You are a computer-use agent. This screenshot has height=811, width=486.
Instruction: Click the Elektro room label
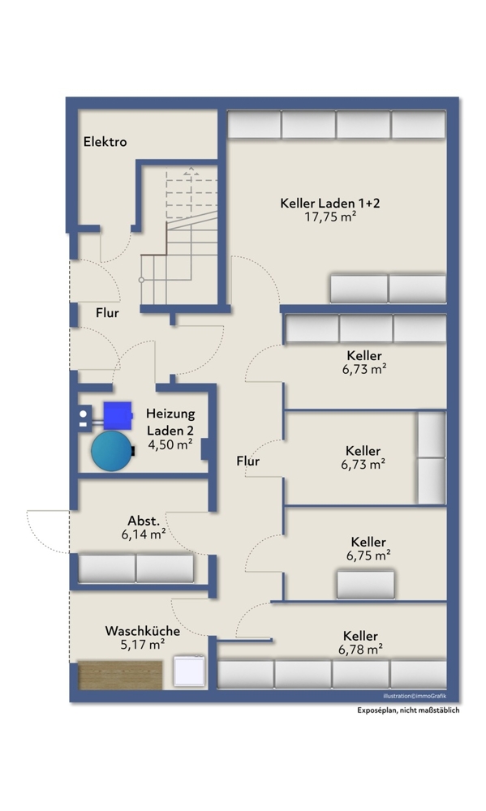click(105, 142)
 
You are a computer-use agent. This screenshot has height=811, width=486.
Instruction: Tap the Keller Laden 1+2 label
click(330, 204)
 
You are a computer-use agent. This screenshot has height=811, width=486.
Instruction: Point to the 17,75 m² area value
click(330, 217)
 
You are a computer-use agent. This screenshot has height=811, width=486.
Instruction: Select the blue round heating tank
click(112, 450)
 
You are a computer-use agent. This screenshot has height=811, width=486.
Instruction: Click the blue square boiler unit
click(118, 415)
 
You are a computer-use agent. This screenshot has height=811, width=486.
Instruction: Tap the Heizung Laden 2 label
click(170, 422)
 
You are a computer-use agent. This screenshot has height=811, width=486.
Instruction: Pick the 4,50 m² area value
click(170, 444)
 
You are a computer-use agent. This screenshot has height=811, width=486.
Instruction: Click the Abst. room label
click(144, 521)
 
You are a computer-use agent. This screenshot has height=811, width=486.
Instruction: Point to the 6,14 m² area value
click(144, 534)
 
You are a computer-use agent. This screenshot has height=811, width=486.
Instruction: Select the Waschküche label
click(143, 631)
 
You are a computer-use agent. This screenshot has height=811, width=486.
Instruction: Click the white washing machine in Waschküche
click(189, 671)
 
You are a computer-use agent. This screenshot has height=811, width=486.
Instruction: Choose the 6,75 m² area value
click(368, 556)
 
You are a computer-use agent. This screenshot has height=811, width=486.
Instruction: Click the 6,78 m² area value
click(361, 649)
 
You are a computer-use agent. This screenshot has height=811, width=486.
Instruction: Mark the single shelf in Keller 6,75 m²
click(365, 585)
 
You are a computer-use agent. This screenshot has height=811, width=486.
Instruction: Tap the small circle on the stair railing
click(141, 280)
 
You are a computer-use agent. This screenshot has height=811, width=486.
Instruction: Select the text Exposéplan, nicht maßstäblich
click(408, 710)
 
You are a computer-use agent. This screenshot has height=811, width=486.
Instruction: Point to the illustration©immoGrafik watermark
click(415, 696)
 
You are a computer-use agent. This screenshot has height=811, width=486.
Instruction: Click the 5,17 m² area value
click(143, 645)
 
